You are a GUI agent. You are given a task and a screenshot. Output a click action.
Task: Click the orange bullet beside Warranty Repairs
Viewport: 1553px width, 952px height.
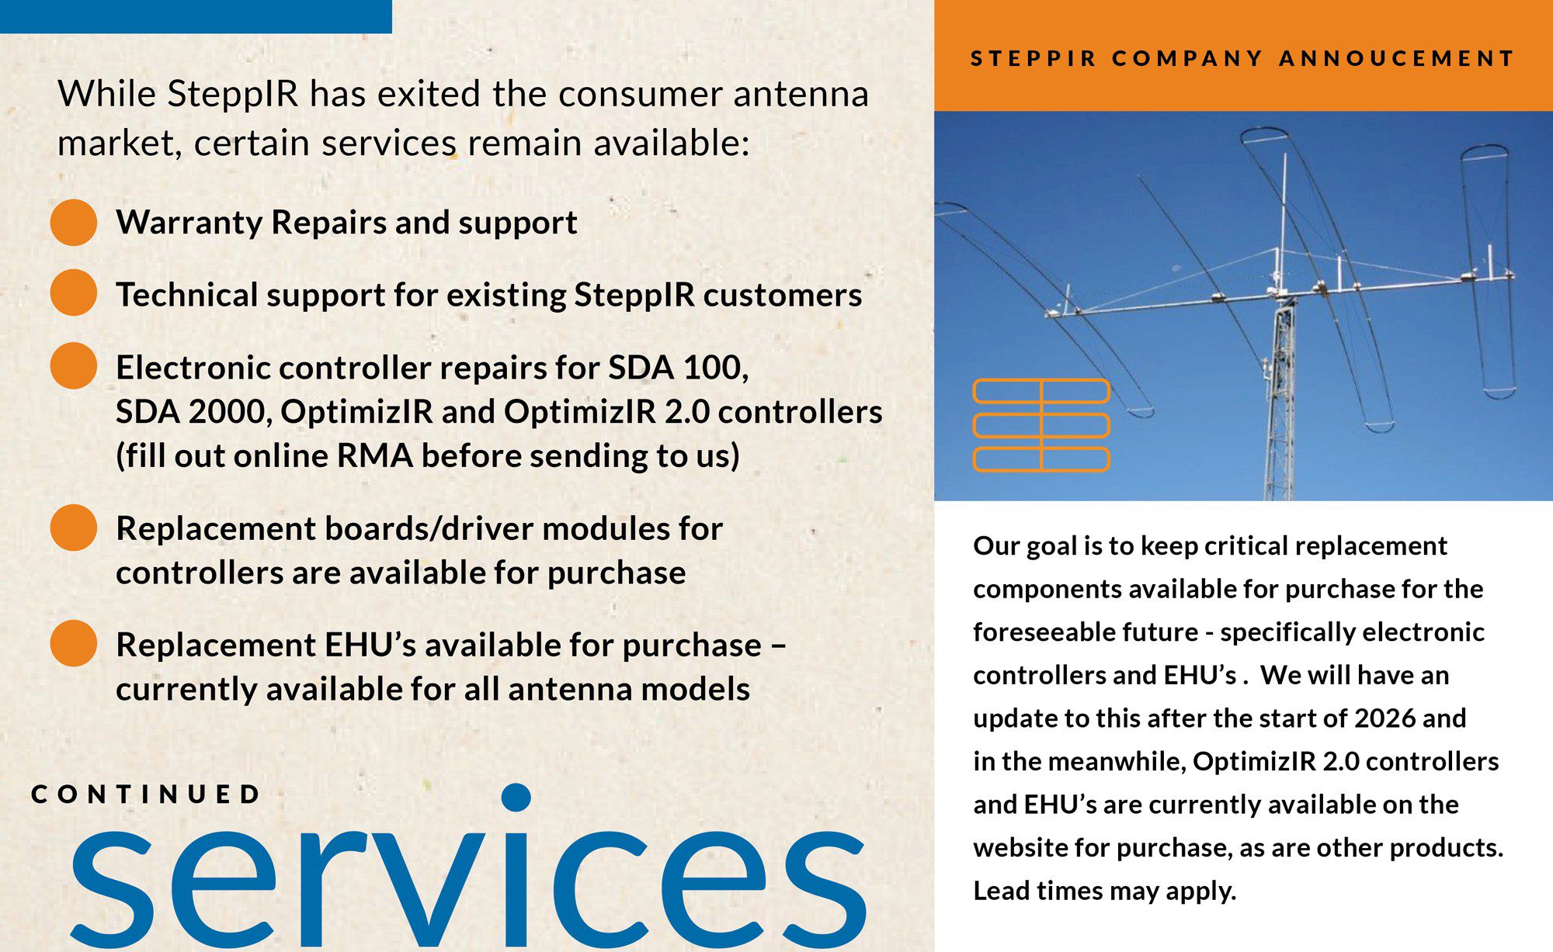[x=74, y=222]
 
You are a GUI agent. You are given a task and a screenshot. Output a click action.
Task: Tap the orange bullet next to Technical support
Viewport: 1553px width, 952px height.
[x=74, y=293]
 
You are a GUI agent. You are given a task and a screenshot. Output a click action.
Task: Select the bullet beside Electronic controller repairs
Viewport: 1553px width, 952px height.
[x=74, y=365]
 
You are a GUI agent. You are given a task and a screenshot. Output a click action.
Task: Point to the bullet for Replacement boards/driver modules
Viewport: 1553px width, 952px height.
[x=74, y=528]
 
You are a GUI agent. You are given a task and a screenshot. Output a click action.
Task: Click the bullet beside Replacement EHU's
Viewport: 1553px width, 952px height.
[x=74, y=643]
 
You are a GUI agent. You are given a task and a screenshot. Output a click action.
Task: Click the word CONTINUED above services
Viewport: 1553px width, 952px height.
[x=146, y=794]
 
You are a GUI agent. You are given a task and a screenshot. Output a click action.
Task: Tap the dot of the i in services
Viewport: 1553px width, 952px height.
[x=516, y=798]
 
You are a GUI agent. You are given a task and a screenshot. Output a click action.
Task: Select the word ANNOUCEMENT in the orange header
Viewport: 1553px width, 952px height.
[x=1397, y=58]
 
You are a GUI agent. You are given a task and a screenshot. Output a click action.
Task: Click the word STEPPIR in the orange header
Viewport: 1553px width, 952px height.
[x=1034, y=58]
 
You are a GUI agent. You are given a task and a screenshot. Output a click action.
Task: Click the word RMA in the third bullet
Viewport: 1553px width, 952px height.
[x=374, y=455]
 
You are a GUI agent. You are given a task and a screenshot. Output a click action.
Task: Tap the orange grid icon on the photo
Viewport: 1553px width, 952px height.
[x=1041, y=425]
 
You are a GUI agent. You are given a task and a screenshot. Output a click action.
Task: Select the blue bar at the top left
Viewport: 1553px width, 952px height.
[x=196, y=16]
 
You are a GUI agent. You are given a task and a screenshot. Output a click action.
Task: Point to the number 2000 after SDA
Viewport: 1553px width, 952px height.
[x=230, y=412]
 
